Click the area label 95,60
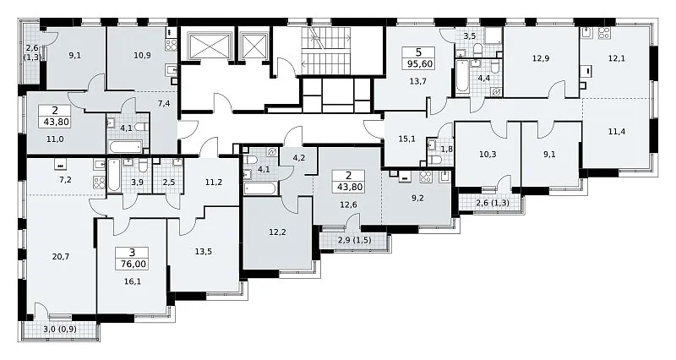click(x=417, y=64)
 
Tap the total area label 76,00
click(x=132, y=264)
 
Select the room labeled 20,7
click(x=61, y=257)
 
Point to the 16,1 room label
click(x=133, y=281)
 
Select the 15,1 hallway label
click(x=407, y=139)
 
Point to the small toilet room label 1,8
click(x=446, y=150)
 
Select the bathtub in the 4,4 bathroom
click(x=462, y=76)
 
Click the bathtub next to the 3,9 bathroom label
click(x=113, y=175)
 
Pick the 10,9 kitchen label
click(x=142, y=55)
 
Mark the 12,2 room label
click(x=277, y=232)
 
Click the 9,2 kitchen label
click(x=417, y=199)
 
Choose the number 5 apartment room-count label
click(x=418, y=53)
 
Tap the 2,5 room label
click(x=170, y=182)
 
